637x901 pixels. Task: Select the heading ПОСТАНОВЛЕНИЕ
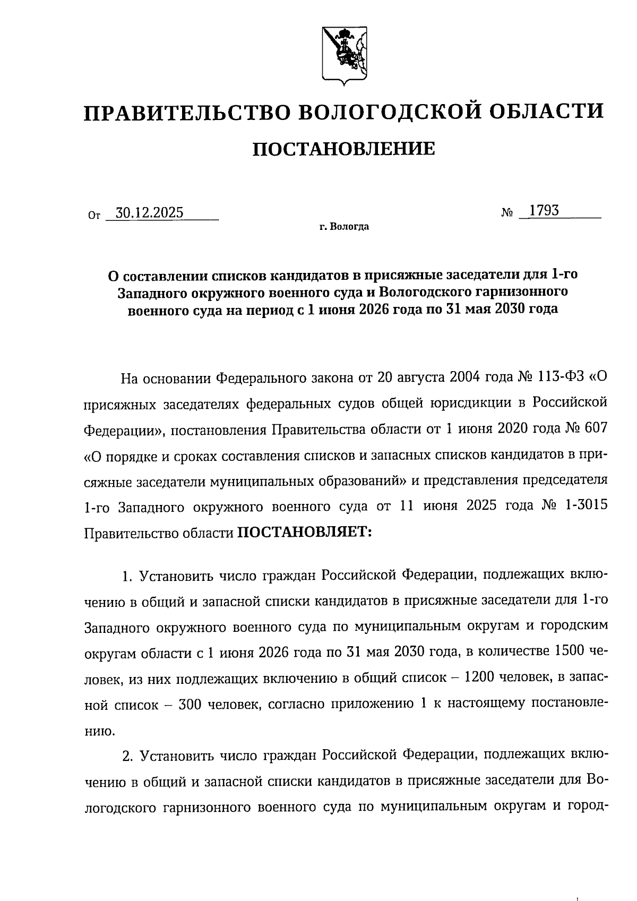coord(343,149)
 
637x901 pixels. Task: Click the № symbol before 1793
coord(507,212)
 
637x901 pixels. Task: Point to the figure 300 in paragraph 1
coord(190,704)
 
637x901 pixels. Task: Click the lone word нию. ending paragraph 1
coord(99,731)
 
